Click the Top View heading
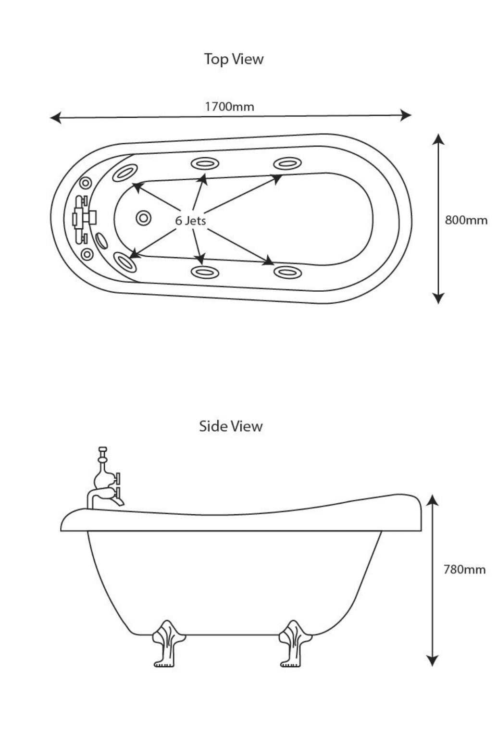(234, 59)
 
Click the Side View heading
(231, 426)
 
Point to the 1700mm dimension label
(229, 106)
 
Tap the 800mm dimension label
(466, 220)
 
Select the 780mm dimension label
(464, 570)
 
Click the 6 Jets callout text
(190, 221)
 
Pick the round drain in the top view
(143, 218)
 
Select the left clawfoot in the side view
(168, 642)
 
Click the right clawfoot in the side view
(295, 642)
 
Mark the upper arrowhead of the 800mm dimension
(437, 140)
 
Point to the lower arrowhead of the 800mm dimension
(437, 298)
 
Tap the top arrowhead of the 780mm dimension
(433, 501)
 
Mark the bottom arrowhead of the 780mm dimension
(433, 660)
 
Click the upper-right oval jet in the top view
(287, 164)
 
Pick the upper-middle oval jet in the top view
(205, 163)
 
